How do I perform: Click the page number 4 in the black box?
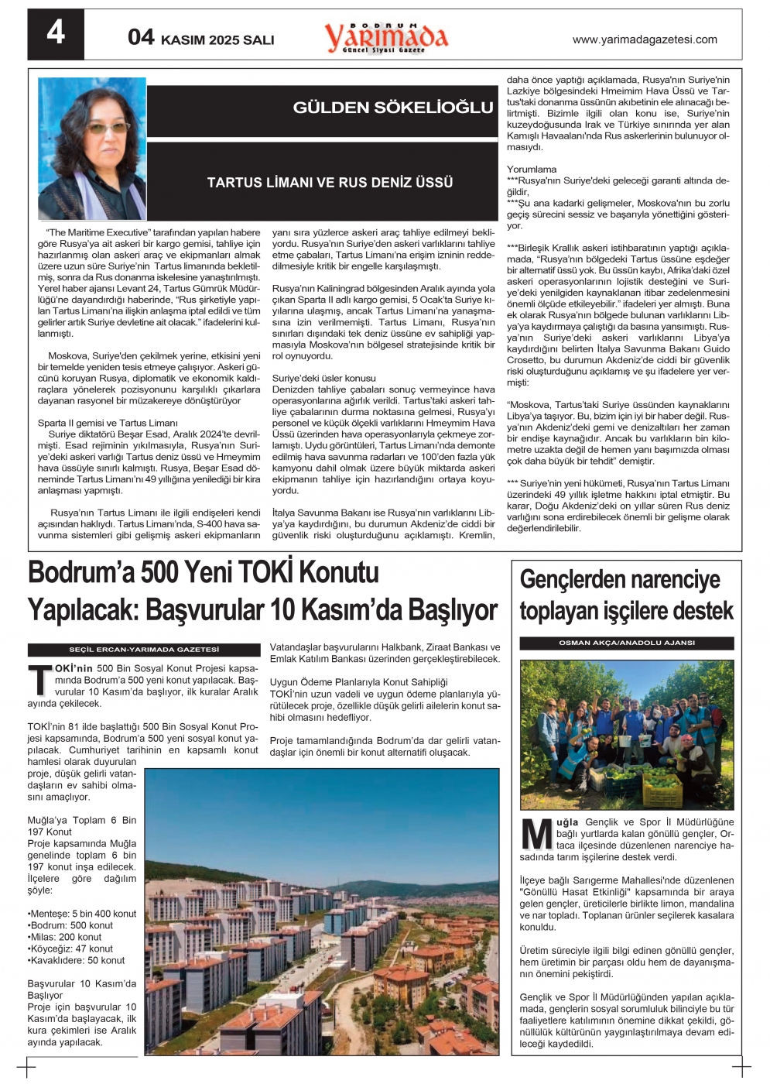pyautogui.click(x=56, y=33)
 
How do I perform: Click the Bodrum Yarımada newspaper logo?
pyautogui.click(x=385, y=36)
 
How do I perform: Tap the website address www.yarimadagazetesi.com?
pyautogui.click(x=644, y=39)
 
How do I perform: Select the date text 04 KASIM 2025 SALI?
pyautogui.click(x=201, y=38)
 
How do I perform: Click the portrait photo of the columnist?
pyautogui.click(x=92, y=149)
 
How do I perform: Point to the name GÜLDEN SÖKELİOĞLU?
pyautogui.click(x=392, y=108)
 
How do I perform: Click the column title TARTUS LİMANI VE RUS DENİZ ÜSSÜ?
pyautogui.click(x=330, y=183)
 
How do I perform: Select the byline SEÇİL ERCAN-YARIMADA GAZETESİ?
pyautogui.click(x=144, y=650)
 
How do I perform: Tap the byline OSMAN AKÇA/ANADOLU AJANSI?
pyautogui.click(x=626, y=643)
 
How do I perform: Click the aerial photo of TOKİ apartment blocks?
pyautogui.click(x=322, y=911)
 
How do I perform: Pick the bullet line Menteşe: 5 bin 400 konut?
pyautogui.click(x=82, y=914)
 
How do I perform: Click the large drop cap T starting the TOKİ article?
pyautogui.click(x=39, y=679)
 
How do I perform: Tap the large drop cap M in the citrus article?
pyautogui.click(x=536, y=834)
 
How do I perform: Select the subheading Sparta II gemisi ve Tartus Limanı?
pyautogui.click(x=108, y=423)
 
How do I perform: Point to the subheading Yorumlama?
pyautogui.click(x=532, y=170)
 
